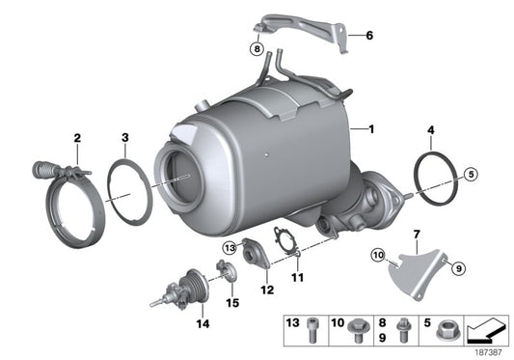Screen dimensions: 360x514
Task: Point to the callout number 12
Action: point(267,289)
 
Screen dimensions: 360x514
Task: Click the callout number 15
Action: point(231,302)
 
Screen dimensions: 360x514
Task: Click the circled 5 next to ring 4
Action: point(470,175)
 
